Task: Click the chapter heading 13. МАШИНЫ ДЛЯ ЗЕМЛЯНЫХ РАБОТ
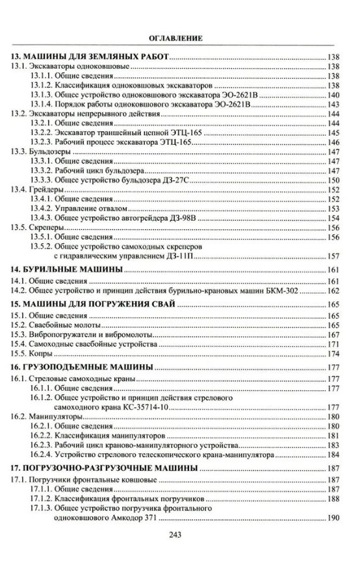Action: pyautogui.click(x=90, y=57)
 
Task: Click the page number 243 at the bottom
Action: pyautogui.click(x=179, y=534)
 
